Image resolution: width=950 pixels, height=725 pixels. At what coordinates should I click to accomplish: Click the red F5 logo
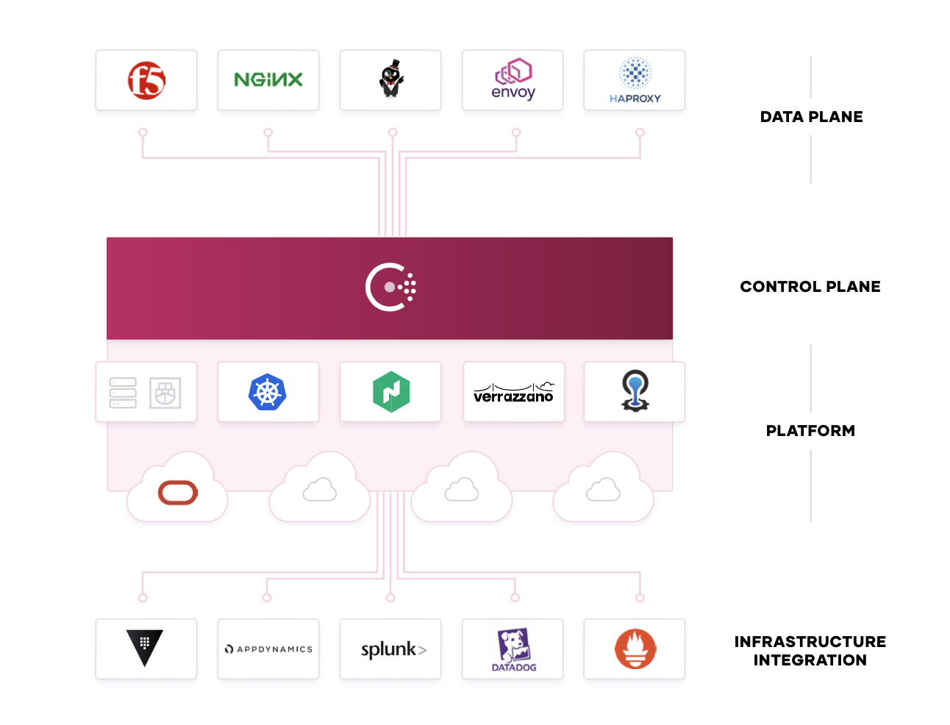(146, 80)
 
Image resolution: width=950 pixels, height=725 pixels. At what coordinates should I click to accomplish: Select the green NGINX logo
(268, 79)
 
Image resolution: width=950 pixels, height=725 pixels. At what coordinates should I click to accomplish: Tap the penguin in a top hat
(391, 79)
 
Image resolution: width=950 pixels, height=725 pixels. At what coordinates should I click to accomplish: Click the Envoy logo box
(513, 80)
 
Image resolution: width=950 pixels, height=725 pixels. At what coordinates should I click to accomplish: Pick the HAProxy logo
(635, 79)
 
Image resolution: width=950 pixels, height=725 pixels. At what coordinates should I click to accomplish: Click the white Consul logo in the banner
(390, 287)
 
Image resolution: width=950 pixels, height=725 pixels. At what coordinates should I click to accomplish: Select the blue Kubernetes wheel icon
(268, 392)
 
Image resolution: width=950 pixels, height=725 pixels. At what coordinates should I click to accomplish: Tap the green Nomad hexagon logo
(390, 392)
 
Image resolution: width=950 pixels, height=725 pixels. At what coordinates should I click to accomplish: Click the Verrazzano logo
(513, 393)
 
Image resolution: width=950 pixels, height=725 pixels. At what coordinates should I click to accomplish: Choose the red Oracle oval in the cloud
(178, 493)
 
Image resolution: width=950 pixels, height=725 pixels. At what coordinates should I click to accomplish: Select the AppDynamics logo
(268, 649)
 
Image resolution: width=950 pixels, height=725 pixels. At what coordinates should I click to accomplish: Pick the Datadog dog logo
(513, 649)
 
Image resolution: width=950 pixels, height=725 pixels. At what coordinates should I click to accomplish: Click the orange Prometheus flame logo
(635, 649)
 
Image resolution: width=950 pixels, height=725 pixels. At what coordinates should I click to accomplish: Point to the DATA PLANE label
(811, 117)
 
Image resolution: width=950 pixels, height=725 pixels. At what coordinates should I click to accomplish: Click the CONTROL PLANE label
(810, 287)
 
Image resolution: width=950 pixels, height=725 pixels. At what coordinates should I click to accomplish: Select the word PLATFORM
(810, 431)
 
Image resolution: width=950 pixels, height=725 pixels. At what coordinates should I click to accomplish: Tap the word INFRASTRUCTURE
(810, 642)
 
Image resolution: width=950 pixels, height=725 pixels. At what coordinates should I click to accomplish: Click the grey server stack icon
(123, 393)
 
